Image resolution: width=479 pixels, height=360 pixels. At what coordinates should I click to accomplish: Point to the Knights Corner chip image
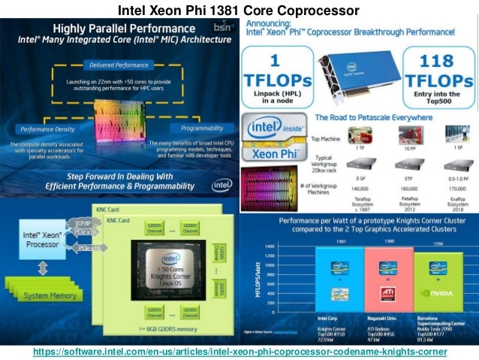(169, 262)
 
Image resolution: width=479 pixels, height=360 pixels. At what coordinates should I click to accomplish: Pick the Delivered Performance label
(120, 66)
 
